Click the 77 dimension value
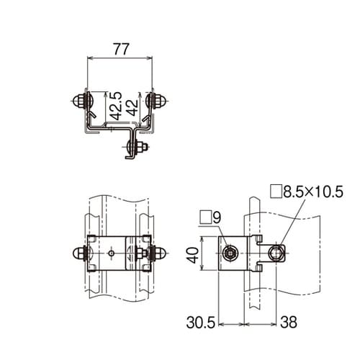coord(120,50)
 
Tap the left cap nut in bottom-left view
coord(77,253)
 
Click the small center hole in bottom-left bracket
coord(113,253)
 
